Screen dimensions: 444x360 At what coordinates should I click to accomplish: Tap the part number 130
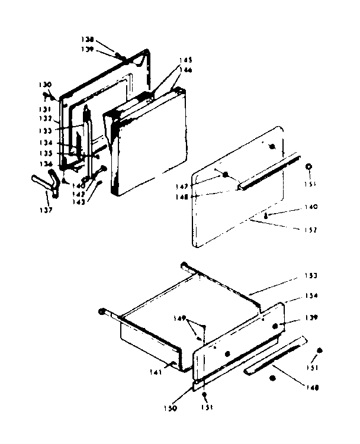coord(46,85)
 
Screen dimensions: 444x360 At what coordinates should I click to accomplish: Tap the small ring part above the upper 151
coord(308,168)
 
